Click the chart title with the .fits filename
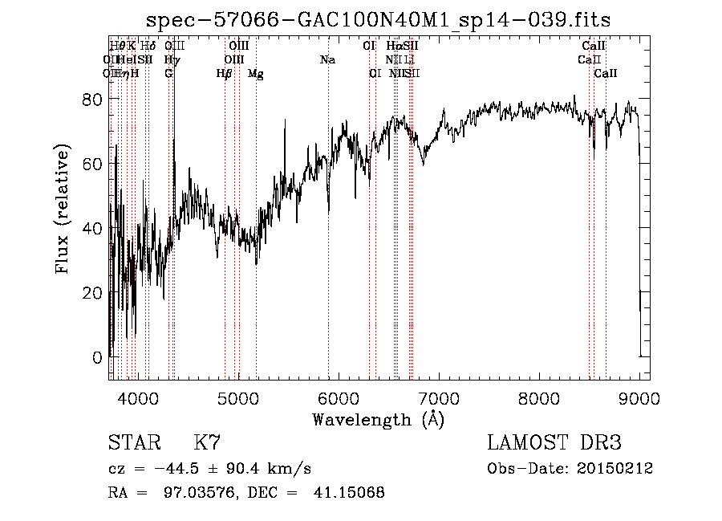tap(385, 20)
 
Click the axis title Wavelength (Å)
tap(378, 419)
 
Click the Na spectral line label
tap(327, 60)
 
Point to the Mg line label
tap(255, 74)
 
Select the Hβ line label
tap(224, 74)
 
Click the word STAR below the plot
tap(132, 442)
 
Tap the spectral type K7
tap(207, 442)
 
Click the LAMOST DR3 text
tap(554, 442)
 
